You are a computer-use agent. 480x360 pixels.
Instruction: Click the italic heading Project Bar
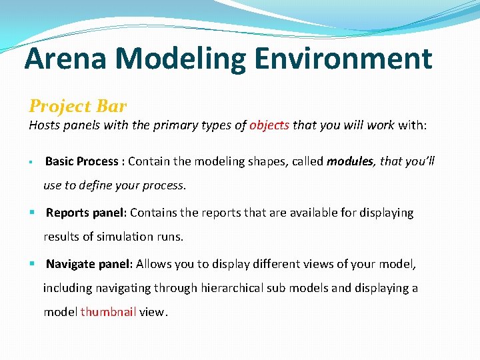77,106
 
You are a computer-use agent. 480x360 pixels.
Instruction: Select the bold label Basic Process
81,161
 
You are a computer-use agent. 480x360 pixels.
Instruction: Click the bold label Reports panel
85,213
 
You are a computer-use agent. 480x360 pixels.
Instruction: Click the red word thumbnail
109,312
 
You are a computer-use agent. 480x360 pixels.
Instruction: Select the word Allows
153,264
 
